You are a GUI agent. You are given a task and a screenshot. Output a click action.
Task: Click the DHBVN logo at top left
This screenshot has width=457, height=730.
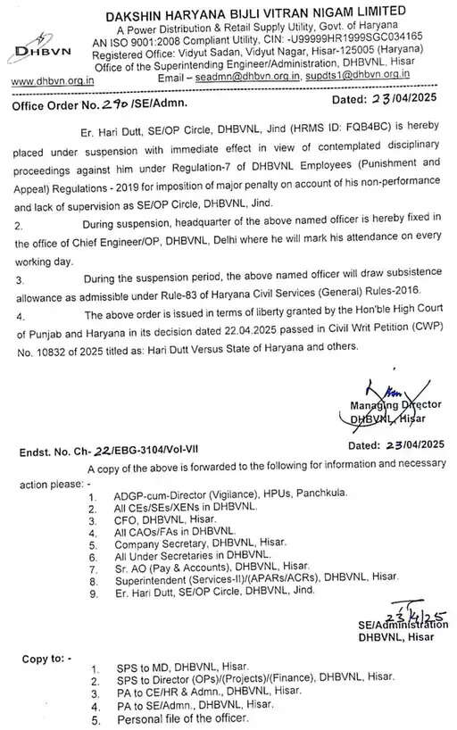point(37,50)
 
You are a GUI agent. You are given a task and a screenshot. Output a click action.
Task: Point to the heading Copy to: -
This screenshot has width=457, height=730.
point(46,659)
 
